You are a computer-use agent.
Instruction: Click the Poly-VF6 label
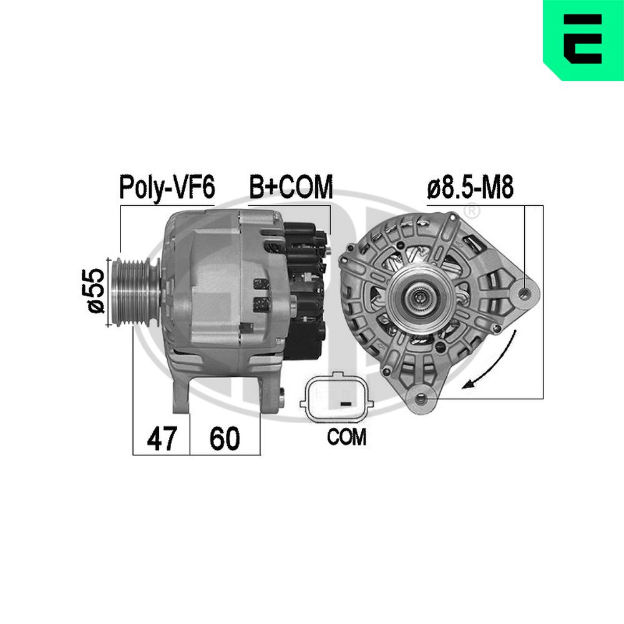167,187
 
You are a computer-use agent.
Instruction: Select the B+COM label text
291,187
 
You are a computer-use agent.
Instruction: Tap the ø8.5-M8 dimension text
470,188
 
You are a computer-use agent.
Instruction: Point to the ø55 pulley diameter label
95,290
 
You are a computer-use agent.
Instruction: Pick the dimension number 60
225,439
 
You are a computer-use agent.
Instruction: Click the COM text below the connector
346,437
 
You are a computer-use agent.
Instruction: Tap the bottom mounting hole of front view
419,395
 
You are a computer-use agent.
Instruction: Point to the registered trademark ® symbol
473,212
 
